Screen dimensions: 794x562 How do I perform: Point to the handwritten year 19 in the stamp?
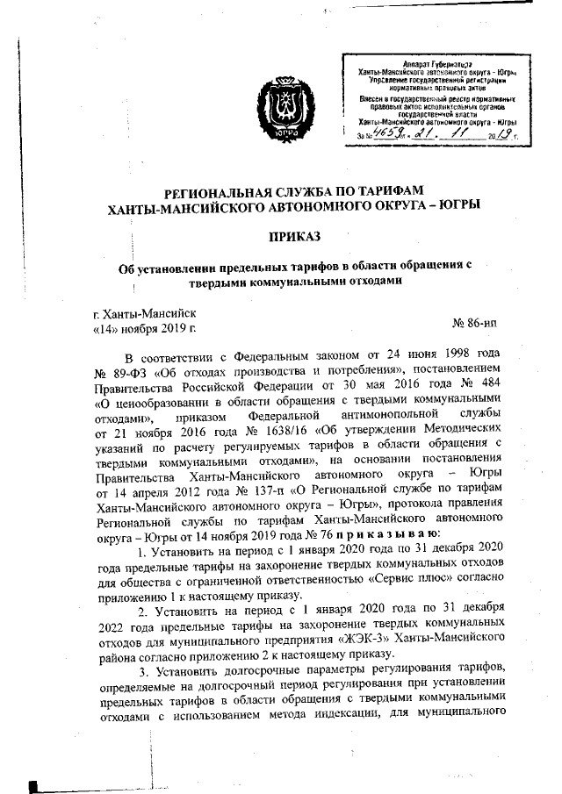pos(502,134)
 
